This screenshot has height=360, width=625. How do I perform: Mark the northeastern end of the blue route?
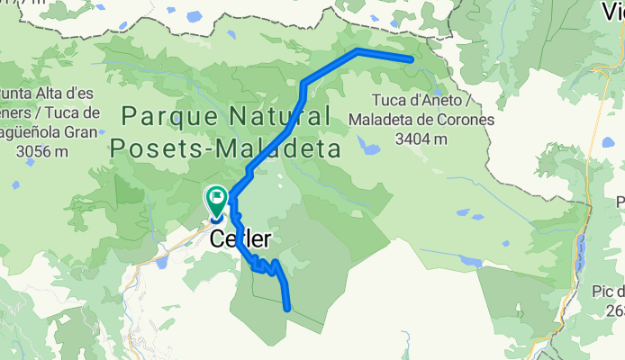(411, 59)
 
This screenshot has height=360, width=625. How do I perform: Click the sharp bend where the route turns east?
(357, 50)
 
